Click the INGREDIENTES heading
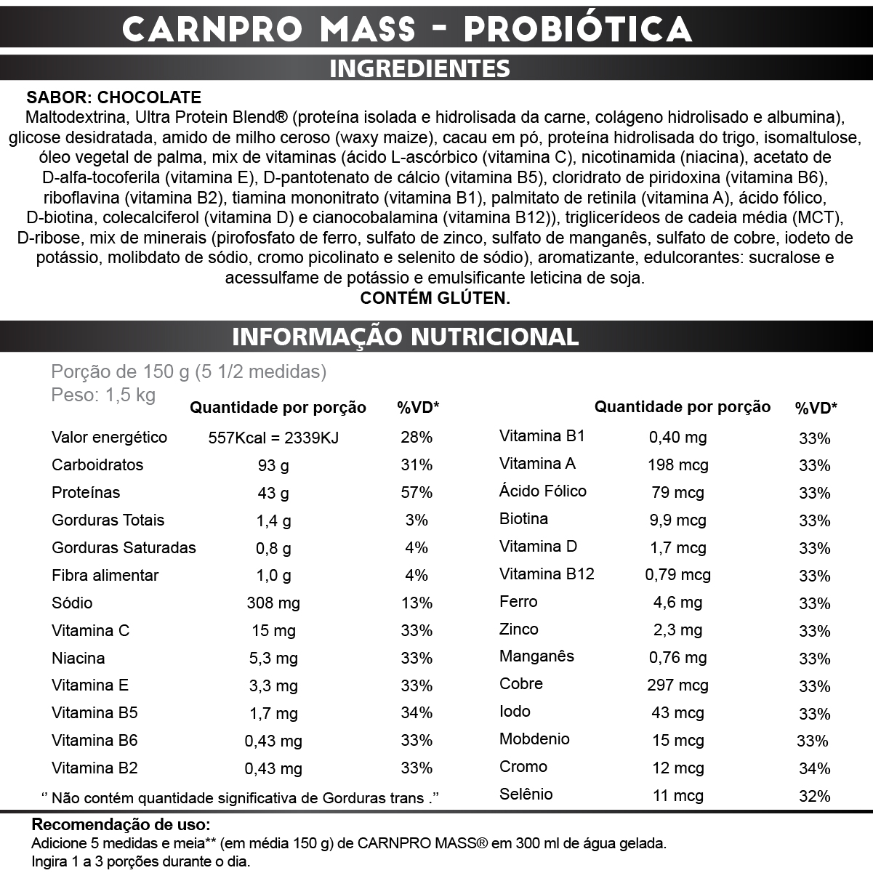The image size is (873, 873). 419,68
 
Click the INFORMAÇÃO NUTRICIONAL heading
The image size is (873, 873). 405,337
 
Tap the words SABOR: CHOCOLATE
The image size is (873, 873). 114,97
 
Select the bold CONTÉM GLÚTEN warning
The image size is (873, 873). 435,298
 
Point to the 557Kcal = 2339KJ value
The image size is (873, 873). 273,438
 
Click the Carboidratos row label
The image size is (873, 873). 97,465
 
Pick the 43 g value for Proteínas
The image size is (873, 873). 273,493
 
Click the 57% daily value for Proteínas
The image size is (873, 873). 417,493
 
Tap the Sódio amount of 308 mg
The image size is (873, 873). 273,603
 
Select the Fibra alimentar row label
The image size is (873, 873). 105,576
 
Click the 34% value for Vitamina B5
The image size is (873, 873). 417,713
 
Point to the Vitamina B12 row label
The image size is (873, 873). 547,574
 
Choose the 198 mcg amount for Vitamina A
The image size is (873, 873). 677,465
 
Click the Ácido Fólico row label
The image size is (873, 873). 542,491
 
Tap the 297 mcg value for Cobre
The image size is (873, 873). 677,685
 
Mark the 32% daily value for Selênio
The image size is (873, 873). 814,796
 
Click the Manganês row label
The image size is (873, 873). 536,656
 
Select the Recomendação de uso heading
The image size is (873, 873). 121,825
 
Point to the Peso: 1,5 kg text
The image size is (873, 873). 103,395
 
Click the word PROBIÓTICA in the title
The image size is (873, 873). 578,29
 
